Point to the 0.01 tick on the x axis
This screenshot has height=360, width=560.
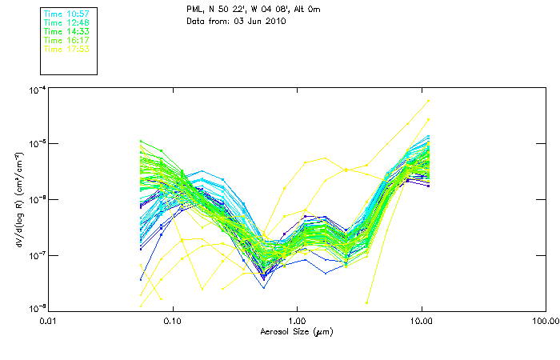[48, 321]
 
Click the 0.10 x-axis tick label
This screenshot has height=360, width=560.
[172, 321]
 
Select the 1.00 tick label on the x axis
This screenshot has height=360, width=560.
[297, 321]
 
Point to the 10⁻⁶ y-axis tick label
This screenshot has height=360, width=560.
[36, 199]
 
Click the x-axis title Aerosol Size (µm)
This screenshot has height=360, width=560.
[296, 331]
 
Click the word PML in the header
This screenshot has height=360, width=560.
[195, 8]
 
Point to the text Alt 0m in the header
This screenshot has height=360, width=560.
[311, 8]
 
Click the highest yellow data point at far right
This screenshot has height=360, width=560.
[429, 101]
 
